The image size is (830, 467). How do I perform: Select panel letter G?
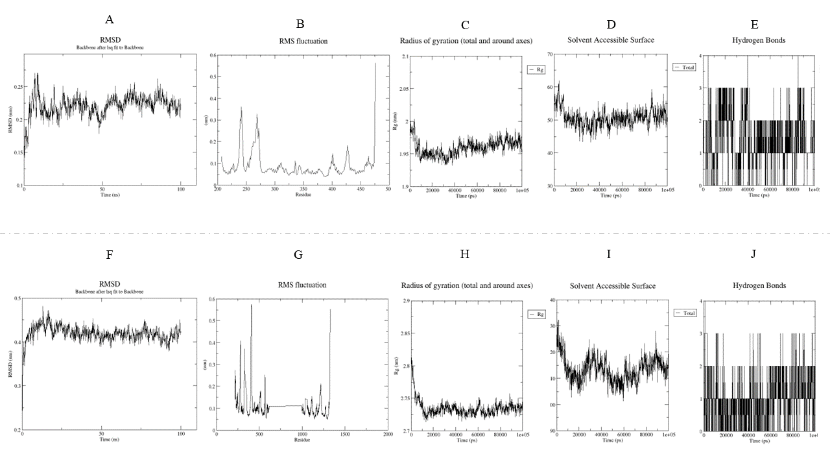(x=298, y=255)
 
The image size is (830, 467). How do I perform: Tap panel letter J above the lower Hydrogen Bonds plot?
(x=753, y=254)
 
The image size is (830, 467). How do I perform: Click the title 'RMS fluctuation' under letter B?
(x=299, y=42)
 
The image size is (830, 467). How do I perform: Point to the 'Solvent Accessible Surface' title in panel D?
(x=611, y=40)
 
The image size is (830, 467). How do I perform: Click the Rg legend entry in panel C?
(x=539, y=69)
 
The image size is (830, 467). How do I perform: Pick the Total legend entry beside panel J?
(x=688, y=313)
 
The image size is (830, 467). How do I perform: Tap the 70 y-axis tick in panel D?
(x=549, y=54)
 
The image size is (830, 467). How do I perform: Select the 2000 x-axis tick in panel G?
(x=388, y=435)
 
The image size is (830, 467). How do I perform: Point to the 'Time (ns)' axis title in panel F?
(x=101, y=440)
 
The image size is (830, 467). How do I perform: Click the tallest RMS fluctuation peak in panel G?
(x=251, y=305)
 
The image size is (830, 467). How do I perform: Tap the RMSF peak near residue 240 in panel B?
(x=241, y=108)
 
